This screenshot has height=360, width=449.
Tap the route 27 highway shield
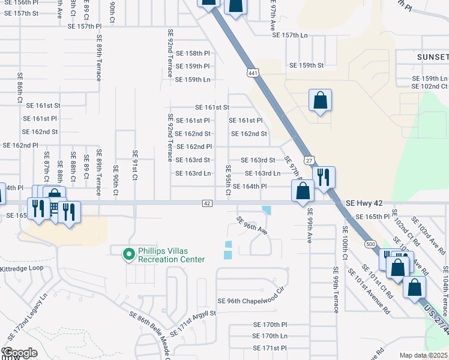click(x=309, y=161)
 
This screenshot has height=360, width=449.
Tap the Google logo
click(x=20, y=353)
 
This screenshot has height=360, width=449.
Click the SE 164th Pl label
click(x=247, y=186)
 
